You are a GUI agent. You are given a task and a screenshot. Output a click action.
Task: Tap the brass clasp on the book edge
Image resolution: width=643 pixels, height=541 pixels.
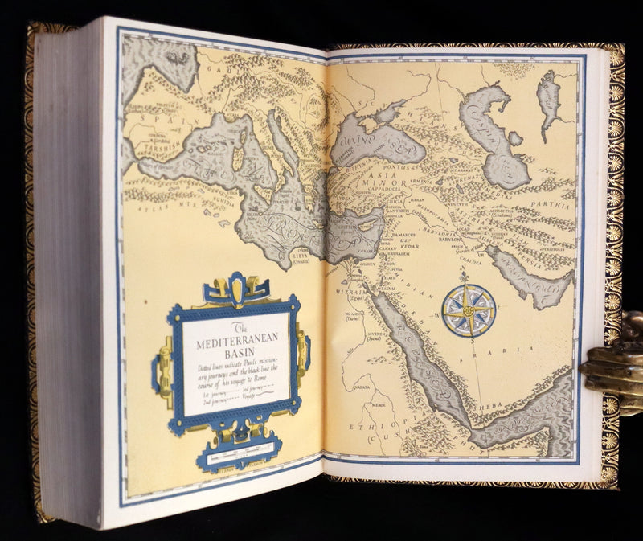(612, 363)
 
